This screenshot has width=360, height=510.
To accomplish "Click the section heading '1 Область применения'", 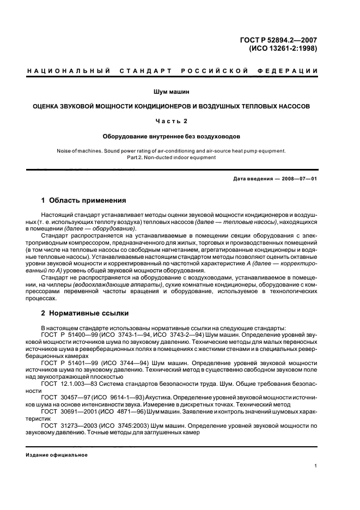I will (84, 201).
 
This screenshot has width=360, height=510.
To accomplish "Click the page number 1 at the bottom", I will (316, 466).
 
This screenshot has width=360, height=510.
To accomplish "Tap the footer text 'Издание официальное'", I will (57, 455).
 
